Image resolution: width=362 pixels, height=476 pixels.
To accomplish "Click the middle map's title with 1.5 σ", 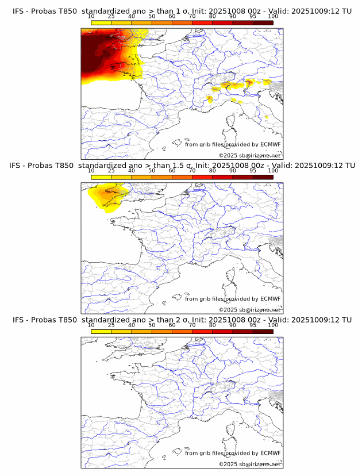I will coord(181,166).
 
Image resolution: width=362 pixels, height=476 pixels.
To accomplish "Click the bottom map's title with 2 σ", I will coord(181,320).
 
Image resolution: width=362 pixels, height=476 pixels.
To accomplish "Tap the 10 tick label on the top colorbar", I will coord(91,17).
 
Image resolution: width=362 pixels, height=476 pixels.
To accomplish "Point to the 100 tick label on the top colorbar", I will coord(273,17).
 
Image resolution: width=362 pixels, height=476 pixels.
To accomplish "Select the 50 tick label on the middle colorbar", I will coord(152,171).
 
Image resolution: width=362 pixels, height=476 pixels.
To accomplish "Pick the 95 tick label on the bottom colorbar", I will coord(253,325).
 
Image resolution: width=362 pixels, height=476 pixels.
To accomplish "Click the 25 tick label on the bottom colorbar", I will coord(111,325).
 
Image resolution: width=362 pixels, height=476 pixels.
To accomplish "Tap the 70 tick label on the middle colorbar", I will coord(192,171).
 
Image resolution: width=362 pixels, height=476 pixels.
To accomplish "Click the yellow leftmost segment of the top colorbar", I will coord(101,23).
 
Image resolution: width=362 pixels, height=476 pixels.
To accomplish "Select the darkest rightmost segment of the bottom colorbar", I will coord(263,331).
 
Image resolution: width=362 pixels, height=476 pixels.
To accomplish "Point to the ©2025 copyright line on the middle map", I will coord(249,310).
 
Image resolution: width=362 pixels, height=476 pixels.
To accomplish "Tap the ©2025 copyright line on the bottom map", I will coord(249,464).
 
